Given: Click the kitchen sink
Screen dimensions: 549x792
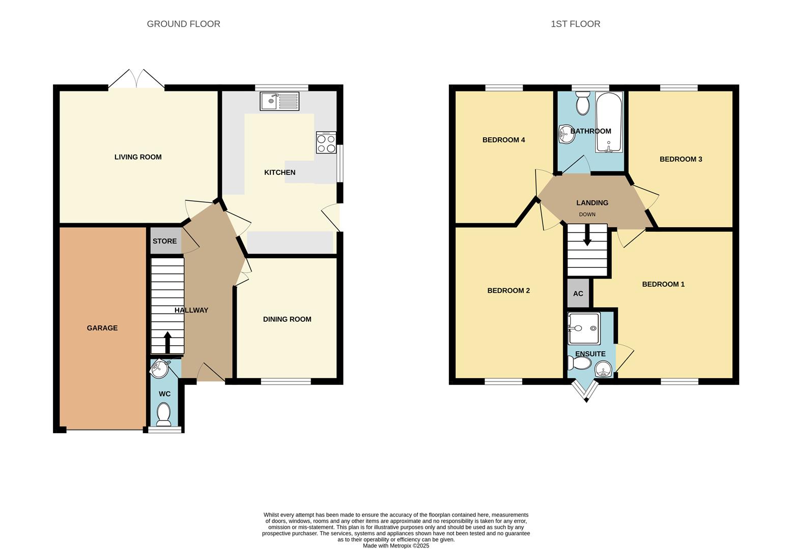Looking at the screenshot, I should pos(279,101).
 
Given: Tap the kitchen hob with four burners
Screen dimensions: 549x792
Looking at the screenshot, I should pos(326,142).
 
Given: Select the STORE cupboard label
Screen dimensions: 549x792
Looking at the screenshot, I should pos(165,241).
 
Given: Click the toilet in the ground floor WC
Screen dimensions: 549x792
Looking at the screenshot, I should pos(164,414).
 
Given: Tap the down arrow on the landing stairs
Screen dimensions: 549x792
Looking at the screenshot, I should pos(587,236).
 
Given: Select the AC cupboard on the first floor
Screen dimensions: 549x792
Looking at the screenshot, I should pos(578,293).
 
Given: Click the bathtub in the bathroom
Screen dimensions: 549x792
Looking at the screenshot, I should pos(609,122).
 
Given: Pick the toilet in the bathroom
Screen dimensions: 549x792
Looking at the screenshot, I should pos(583,104).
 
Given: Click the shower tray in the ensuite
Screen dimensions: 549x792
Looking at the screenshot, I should pos(584,328).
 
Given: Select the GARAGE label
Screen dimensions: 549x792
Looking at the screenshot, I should pos(102,328).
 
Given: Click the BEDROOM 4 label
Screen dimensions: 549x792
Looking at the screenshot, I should pos(503,140).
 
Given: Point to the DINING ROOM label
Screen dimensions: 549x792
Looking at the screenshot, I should pos(287,319).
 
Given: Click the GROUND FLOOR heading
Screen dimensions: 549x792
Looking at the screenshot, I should pos(183,24).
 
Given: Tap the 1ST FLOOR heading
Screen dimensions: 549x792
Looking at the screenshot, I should pos(575,24).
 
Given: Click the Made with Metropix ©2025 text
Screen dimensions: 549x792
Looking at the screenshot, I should pos(395,545).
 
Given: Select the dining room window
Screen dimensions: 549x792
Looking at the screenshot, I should pos(286,381).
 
